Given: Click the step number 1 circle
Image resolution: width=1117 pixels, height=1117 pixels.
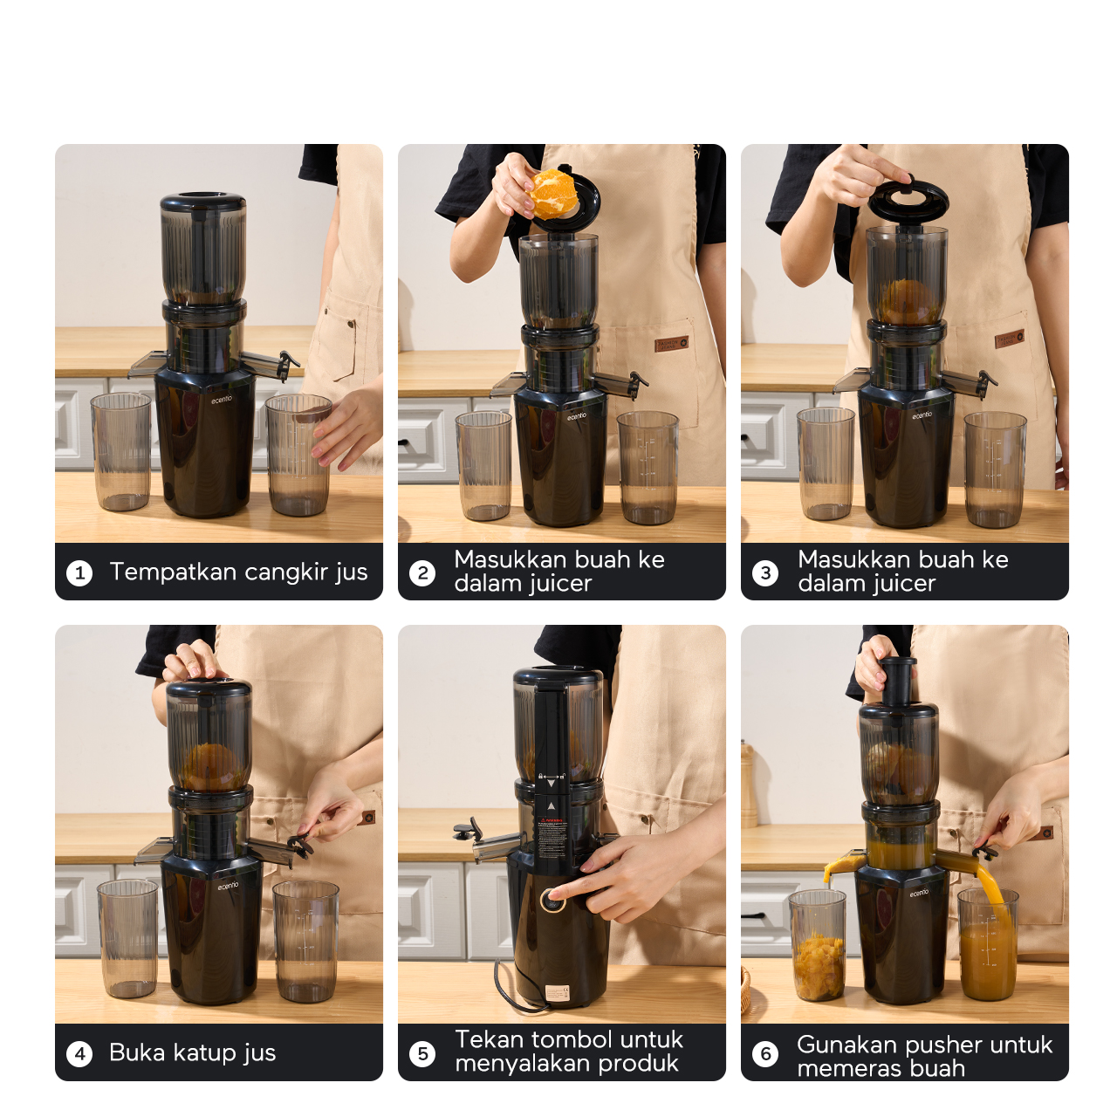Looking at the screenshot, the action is (x=79, y=573).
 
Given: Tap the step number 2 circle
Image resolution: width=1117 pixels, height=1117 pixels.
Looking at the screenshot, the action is (x=422, y=573).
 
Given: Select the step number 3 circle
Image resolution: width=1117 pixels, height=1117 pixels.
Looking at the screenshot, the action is (x=765, y=573).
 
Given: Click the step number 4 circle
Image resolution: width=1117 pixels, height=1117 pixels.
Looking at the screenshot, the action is (x=79, y=1053).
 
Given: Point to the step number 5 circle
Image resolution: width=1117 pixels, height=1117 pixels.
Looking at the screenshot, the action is (x=422, y=1053).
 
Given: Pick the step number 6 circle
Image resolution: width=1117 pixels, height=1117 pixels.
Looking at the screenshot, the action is (x=765, y=1053).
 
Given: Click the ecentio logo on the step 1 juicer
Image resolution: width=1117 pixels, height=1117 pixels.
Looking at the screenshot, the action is (x=222, y=400).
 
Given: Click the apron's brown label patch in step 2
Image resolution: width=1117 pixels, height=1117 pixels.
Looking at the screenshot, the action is (x=672, y=344).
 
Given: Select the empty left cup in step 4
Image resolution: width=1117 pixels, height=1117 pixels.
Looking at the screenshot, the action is (x=128, y=940).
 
